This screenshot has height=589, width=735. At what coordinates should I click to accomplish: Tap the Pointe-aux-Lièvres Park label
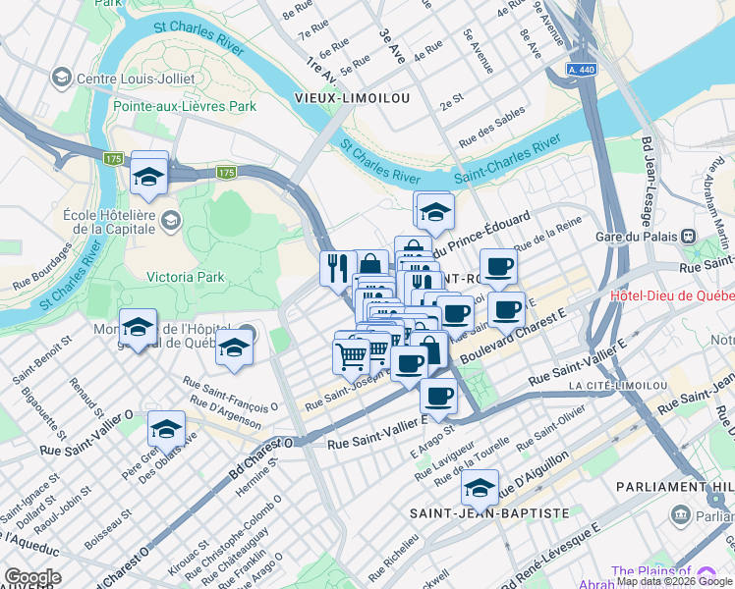184,106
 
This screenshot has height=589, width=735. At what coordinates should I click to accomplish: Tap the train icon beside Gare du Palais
688,236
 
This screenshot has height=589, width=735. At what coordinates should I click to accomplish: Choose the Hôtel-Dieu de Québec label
672,295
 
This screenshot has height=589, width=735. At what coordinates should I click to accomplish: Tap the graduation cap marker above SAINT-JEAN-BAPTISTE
481,485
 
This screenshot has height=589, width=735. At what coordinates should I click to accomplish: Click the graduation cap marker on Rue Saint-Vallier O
166,427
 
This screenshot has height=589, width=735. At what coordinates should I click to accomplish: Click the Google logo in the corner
32,577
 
